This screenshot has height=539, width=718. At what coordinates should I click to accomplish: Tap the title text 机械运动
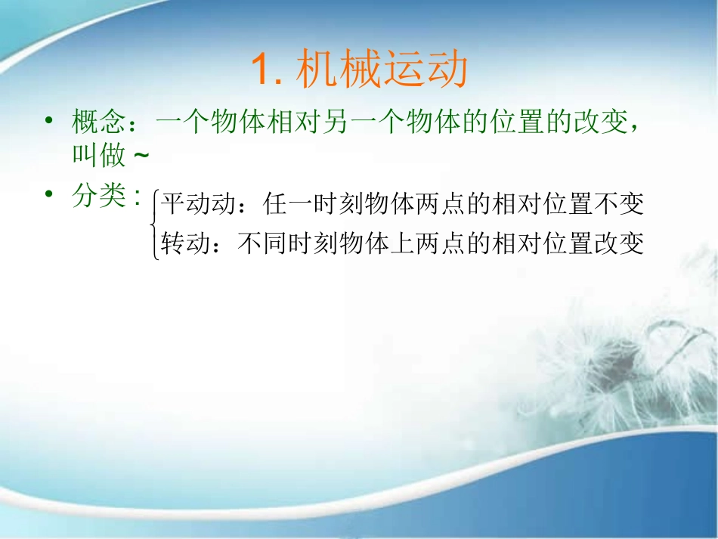coord(382,72)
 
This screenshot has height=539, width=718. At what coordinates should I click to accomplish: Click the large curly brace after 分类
coord(155,225)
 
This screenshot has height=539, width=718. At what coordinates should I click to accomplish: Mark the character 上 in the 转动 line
coord(401,243)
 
